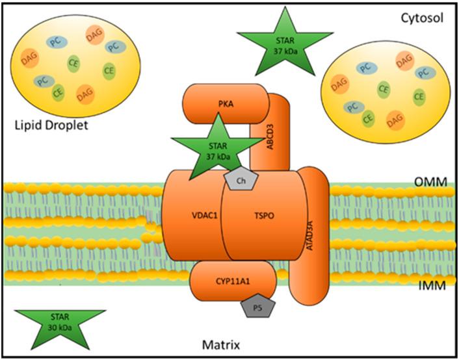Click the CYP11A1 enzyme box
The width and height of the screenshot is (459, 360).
coord(233,281)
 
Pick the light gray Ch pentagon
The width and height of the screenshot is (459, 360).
coord(241,179)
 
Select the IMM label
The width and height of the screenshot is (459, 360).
coord(432,285)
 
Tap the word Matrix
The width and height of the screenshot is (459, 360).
coord(221,345)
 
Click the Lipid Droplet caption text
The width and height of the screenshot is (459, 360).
coord(51,125)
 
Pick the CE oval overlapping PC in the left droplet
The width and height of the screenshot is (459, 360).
coord(59,93)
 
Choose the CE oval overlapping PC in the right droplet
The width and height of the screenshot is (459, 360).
coord(368,118)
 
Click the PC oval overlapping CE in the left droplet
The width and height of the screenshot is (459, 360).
coord(44,81)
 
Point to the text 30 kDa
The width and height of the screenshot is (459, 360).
coord(60,328)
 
